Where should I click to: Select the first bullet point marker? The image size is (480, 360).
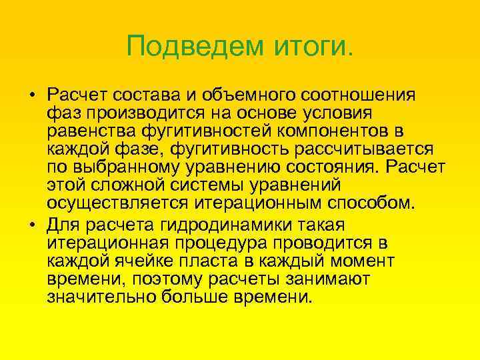[31, 95]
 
